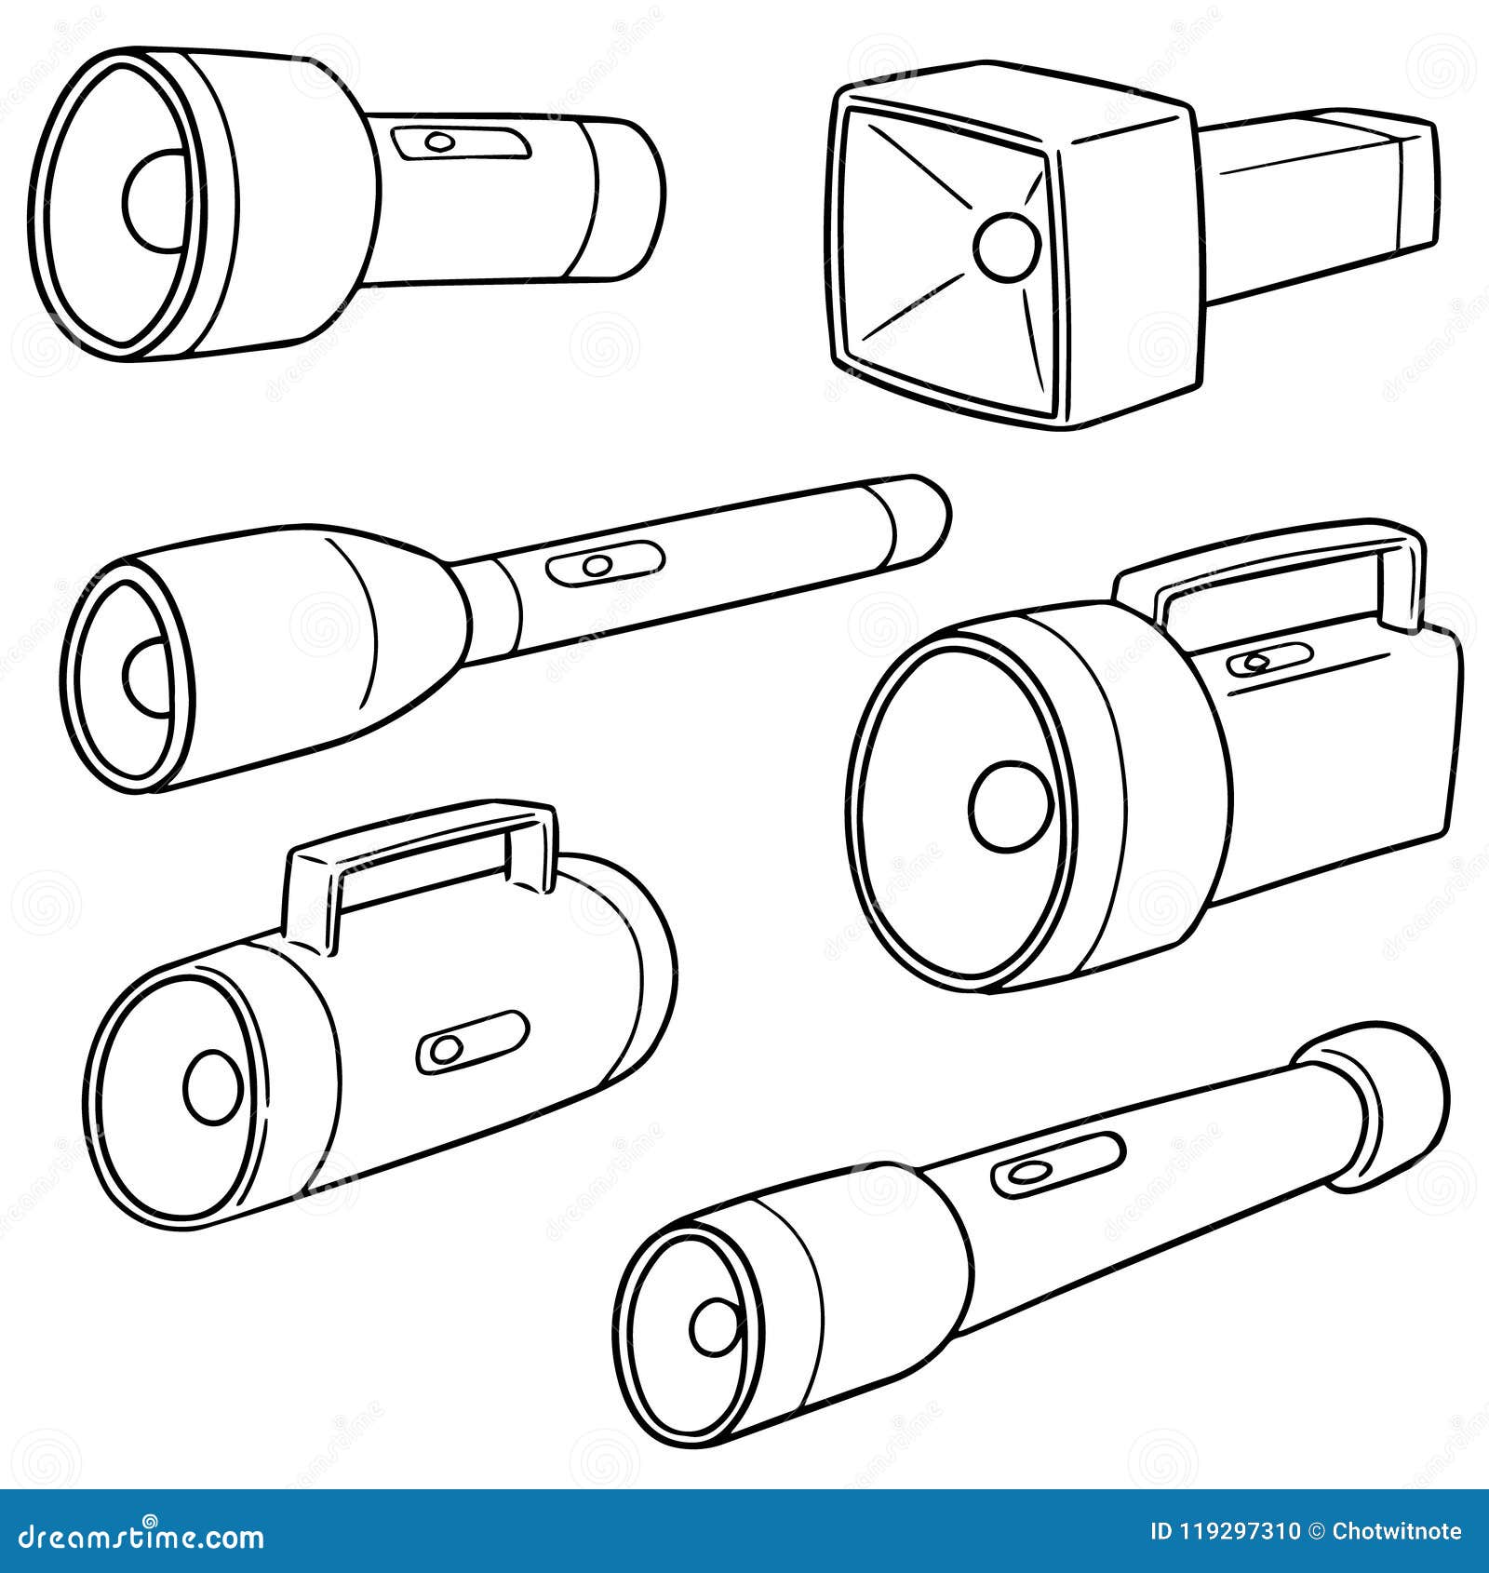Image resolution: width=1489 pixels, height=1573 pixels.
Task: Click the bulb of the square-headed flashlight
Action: point(1006,246)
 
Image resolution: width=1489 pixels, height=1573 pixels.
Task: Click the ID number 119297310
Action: point(1238,1531)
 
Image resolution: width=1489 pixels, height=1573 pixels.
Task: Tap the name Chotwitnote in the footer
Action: point(1396,1531)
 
